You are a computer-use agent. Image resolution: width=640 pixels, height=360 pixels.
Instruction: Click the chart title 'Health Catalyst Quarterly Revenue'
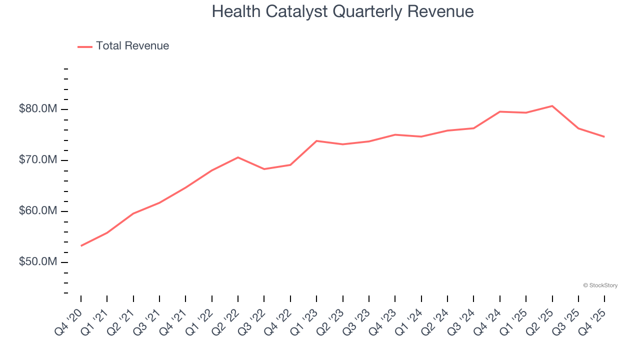[x=342, y=11]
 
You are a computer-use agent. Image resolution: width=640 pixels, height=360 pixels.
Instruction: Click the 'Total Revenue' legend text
[x=132, y=46]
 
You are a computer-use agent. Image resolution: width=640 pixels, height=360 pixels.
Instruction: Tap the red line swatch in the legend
[x=85, y=46]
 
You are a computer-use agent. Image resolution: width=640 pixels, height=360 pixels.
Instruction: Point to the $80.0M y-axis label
[x=37, y=109]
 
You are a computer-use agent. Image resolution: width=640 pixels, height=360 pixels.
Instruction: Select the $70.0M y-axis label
[x=37, y=160]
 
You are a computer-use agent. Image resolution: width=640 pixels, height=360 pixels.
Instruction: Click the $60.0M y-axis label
[x=37, y=211]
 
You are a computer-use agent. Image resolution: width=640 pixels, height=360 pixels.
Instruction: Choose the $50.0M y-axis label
[x=37, y=262]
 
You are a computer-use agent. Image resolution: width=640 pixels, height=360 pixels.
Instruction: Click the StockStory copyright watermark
[x=600, y=285]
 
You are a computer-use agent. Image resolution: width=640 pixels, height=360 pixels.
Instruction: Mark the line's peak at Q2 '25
[x=552, y=106]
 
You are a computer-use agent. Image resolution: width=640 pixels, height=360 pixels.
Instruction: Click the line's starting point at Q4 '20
[x=81, y=245]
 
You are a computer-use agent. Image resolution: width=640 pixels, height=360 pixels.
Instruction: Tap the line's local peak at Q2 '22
[x=238, y=157]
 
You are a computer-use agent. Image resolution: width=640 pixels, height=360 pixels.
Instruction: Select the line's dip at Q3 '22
[x=264, y=169]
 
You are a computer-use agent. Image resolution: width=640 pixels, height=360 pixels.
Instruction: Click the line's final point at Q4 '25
[x=604, y=136]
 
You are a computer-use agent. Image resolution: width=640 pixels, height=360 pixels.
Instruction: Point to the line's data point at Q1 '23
[x=316, y=141]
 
